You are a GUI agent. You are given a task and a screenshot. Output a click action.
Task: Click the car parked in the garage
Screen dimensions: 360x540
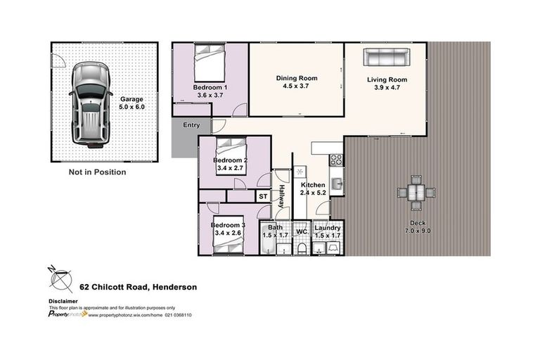[89, 103]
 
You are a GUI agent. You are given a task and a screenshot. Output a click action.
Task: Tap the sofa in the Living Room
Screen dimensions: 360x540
[385, 58]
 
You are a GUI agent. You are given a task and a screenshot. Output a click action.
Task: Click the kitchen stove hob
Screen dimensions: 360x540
[336, 160]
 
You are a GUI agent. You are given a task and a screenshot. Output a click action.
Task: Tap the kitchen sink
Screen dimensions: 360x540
[337, 184]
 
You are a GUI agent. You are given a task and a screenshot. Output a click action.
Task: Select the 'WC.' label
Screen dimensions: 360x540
[301, 230]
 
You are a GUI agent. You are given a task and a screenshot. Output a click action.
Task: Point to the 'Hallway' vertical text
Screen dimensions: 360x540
[281, 195]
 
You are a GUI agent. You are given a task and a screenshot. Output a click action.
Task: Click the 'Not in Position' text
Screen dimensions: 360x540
[97, 172]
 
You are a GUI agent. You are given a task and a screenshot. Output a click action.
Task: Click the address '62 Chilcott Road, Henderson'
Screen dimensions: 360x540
[138, 287]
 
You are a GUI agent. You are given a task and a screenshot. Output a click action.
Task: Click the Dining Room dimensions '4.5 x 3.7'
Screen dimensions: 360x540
[296, 86]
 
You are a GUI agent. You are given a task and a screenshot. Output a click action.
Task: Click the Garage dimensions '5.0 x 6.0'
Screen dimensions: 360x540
[131, 107]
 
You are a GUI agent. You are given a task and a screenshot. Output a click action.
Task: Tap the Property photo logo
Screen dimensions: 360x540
[67, 314]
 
